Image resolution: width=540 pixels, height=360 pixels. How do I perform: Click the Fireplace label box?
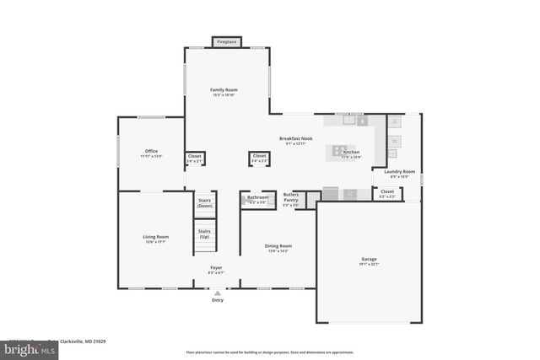point(226,41)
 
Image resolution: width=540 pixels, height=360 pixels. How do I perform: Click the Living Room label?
point(155,238)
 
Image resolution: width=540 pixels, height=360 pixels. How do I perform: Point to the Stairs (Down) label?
point(204,203)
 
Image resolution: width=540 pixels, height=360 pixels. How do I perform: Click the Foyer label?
point(217,270)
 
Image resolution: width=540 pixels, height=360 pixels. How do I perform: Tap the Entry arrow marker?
point(217,292)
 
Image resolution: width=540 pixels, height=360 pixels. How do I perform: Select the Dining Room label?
point(278,247)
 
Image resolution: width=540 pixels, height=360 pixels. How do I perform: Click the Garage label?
point(370,261)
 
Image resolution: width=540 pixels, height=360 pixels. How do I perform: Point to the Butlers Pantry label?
point(291,200)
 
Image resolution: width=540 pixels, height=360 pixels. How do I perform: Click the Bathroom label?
point(257,199)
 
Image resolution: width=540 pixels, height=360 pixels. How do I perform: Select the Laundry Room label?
point(399,173)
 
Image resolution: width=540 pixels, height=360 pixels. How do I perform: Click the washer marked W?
point(394,141)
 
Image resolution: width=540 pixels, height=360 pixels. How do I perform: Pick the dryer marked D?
point(394,122)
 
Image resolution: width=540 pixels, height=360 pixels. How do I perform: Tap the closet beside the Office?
point(194,158)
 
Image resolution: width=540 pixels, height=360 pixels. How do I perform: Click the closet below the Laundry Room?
point(387,193)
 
